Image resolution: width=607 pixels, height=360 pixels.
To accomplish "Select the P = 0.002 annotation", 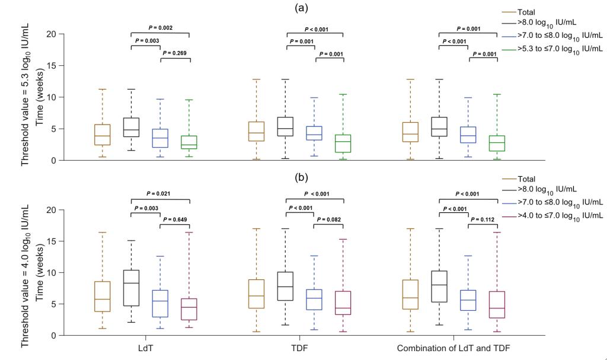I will pyautogui.click(x=159, y=28).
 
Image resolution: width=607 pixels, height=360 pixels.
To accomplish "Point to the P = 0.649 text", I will pyautogui.click(x=175, y=228).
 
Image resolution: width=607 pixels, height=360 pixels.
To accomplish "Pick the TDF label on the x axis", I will pyautogui.click(x=300, y=347).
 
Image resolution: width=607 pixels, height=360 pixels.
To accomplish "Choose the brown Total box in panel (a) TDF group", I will pyautogui.click(x=256, y=131).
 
